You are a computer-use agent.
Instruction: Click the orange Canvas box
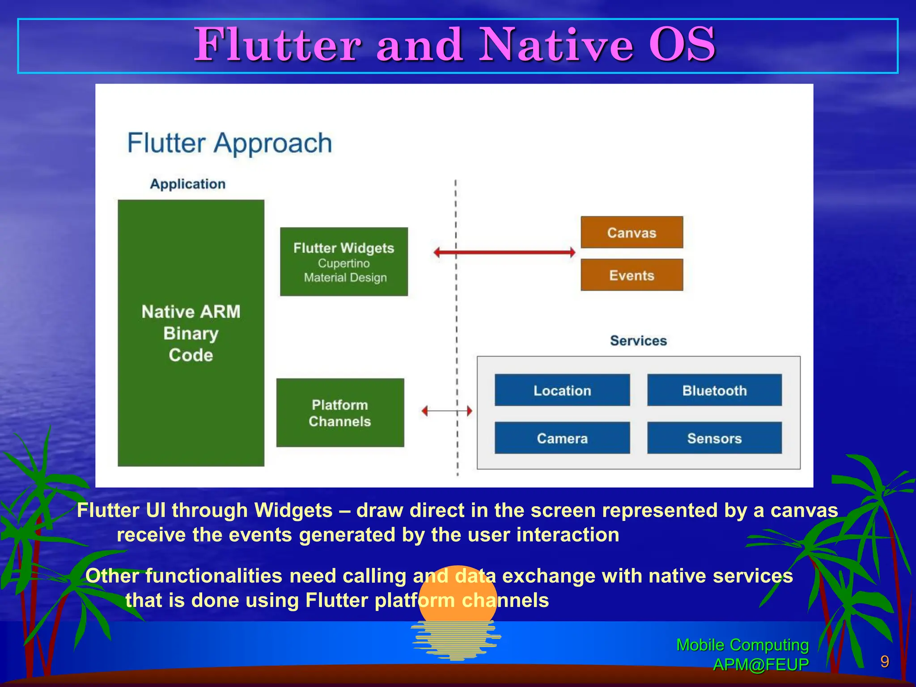coord(632,232)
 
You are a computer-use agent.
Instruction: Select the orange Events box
coord(632,275)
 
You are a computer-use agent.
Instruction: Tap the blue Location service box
coord(562,390)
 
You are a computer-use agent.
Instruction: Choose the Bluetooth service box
coord(714,390)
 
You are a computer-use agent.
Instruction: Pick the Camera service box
coord(562,438)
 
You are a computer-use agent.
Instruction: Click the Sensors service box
coord(714,438)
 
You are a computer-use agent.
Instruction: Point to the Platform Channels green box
coord(340,412)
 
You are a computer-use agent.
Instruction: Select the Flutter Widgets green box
coord(343,262)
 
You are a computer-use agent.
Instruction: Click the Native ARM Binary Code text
coord(191,333)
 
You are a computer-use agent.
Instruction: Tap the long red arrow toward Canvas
coord(505,252)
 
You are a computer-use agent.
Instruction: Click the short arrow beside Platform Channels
coord(446,411)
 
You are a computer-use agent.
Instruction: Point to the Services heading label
coord(638,340)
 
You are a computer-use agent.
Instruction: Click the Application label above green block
coord(187,184)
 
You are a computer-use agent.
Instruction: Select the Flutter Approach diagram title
coord(229,143)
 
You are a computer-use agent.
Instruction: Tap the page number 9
coord(884,662)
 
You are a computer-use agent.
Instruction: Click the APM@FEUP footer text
coord(760,665)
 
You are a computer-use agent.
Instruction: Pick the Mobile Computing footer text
coord(742,645)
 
